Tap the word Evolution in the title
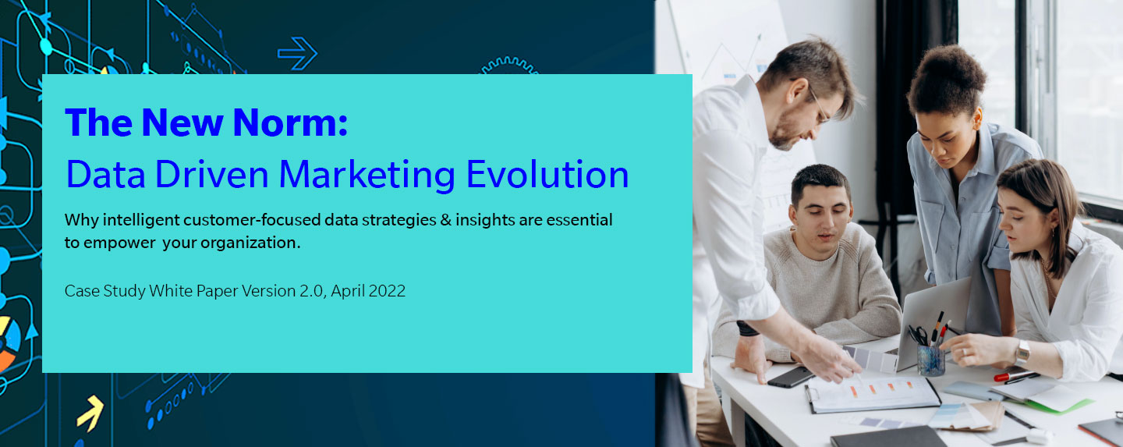click(x=547, y=174)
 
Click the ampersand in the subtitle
click(x=445, y=220)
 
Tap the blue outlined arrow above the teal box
click(x=297, y=54)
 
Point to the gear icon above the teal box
click(x=507, y=66)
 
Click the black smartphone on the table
click(x=790, y=377)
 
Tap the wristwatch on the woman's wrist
click(x=1022, y=352)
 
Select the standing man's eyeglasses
click(x=818, y=108)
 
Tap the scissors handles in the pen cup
click(x=917, y=335)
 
